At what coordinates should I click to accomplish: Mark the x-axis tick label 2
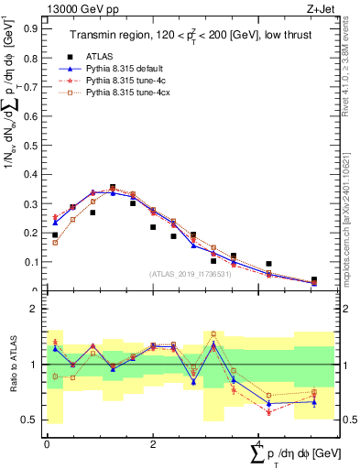click(x=152, y=443)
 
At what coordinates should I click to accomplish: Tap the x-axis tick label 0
click(x=47, y=443)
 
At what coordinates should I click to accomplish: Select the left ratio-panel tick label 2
click(x=36, y=310)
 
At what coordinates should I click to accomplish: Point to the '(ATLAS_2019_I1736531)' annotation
click(x=190, y=273)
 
